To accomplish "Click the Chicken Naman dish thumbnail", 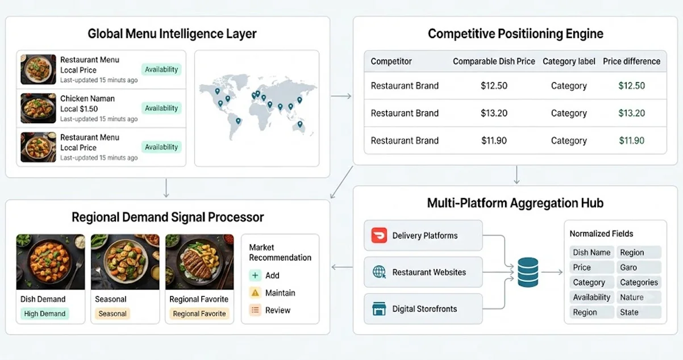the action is [x=38, y=108].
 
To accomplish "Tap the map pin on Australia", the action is [x=300, y=124].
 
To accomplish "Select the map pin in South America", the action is [x=238, y=121].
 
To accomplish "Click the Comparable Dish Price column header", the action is [x=494, y=61].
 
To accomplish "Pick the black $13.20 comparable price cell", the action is [x=494, y=113].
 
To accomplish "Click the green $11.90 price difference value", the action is [x=631, y=140].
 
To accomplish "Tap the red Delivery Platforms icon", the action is [x=379, y=235].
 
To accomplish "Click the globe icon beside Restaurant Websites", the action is [x=379, y=272].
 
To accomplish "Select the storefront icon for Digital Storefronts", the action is [x=379, y=308].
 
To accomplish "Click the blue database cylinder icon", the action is [x=528, y=272].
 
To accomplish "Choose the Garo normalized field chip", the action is [x=639, y=267].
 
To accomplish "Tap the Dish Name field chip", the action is [x=592, y=252].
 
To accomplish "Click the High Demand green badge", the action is [x=45, y=313].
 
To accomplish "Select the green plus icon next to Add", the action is [x=255, y=275].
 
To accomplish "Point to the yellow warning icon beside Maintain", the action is [x=255, y=292].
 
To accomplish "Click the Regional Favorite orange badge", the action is [x=199, y=313].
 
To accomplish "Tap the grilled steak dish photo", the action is [x=199, y=262].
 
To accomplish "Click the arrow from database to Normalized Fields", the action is [x=552, y=272].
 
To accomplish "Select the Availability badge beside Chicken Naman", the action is [x=161, y=108].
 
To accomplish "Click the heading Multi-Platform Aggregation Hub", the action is [x=515, y=203].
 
